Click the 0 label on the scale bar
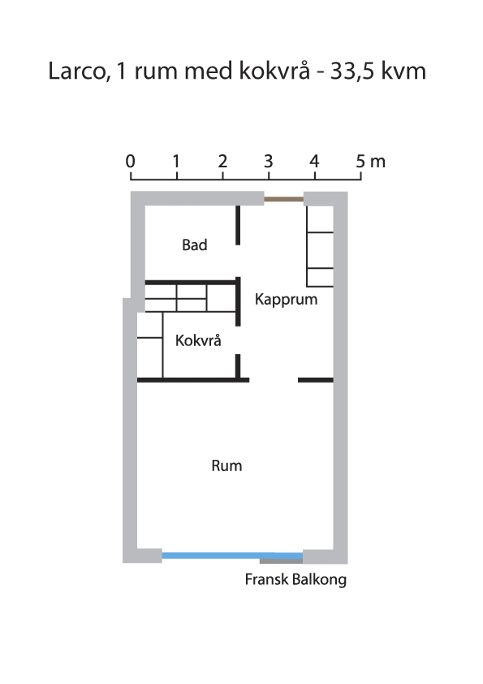[131, 162]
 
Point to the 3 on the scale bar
[269, 162]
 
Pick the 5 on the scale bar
[360, 162]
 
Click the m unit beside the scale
[378, 162]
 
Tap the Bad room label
[195, 245]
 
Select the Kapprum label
[286, 300]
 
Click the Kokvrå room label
[198, 340]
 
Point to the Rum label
[226, 466]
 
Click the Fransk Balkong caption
[295, 580]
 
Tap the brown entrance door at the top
[284, 199]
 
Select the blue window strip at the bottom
[232, 556]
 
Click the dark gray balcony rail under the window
[281, 561]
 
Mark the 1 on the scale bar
[176, 162]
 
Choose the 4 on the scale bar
[314, 162]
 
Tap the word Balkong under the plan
[320, 581]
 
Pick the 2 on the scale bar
[222, 162]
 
